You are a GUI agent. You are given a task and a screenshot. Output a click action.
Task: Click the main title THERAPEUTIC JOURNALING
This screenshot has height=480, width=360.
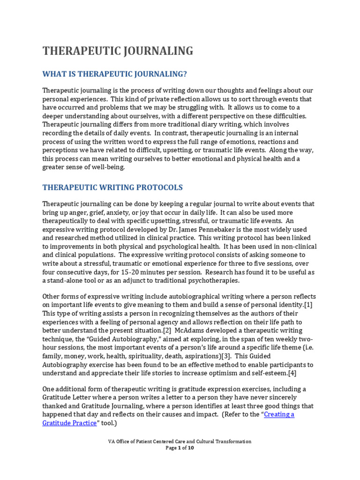click(118, 51)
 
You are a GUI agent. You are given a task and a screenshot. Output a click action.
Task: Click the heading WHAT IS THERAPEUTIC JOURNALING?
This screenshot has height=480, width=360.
click(115, 74)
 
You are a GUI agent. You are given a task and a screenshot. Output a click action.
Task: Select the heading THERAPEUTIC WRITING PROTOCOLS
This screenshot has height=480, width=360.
click(112, 187)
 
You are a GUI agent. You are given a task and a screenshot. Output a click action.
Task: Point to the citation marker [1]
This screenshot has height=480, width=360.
click(308, 305)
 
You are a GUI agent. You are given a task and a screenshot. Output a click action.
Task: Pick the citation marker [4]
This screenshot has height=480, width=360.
click(291, 373)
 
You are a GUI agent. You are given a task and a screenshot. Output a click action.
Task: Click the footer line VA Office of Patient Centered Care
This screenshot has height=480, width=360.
click(180, 441)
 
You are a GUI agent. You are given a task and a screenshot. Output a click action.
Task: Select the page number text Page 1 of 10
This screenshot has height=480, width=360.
click(180, 448)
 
